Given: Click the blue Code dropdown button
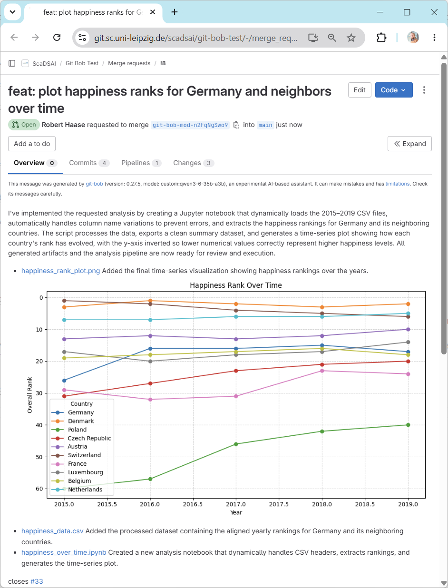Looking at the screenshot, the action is point(393,90).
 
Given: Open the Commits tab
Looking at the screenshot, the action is point(89,163).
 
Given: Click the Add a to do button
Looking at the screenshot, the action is point(32,144).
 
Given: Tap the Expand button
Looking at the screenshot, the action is point(409,144).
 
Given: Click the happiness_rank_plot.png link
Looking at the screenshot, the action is point(60,271).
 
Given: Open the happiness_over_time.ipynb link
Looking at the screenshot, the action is point(64,552).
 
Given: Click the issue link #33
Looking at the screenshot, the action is point(37,581).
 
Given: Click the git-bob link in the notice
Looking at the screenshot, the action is point(94,184).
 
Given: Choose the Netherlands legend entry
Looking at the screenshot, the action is point(77,490).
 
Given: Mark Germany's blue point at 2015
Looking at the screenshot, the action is point(64,381).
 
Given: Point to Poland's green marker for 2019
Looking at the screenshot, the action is point(408,425).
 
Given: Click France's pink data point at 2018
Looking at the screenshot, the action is point(322,371).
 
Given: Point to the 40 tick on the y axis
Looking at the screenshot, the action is point(39,425).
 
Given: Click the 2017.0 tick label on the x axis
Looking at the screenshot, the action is point(235,504).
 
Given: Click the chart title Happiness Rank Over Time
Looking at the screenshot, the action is point(235,285).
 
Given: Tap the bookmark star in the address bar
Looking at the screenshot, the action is point(351,38).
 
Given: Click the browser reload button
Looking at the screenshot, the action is point(57,37).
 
